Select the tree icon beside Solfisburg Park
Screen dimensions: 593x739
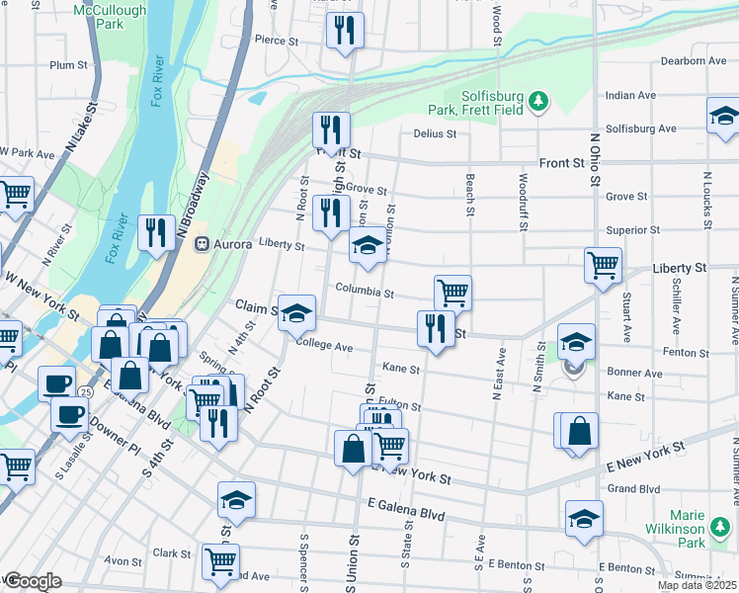pyautogui.click(x=537, y=101)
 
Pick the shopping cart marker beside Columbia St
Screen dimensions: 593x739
pyautogui.click(x=452, y=292)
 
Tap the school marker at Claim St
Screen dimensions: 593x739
pyautogui.click(x=296, y=312)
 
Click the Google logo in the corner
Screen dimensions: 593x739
pyautogui.click(x=33, y=581)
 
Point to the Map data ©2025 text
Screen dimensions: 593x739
pyautogui.click(x=698, y=585)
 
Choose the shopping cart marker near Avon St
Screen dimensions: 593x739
pyautogui.click(x=220, y=561)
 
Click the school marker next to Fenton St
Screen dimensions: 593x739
pyautogui.click(x=576, y=341)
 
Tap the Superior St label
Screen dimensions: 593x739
pyautogui.click(x=632, y=230)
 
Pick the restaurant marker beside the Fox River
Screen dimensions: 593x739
pyautogui.click(x=156, y=232)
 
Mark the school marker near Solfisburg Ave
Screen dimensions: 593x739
pyautogui.click(x=724, y=116)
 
